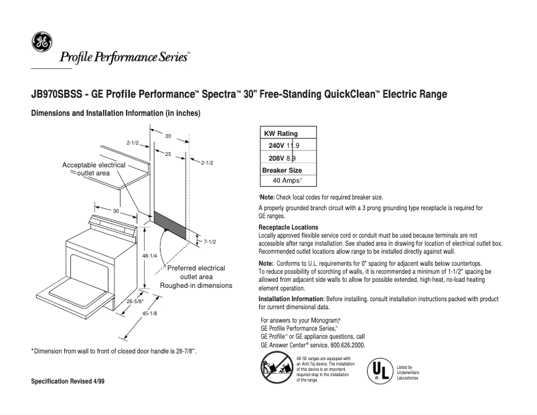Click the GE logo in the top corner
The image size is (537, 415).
(41, 42)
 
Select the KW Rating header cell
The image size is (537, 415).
(281, 134)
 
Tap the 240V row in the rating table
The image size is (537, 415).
(284, 146)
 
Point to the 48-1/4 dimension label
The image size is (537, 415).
(149, 256)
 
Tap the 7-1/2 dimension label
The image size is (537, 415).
(212, 241)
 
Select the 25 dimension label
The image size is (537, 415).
(168, 155)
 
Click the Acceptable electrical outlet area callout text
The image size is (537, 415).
(94, 169)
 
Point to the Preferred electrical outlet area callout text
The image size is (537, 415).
(196, 276)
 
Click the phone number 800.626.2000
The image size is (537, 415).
(345, 345)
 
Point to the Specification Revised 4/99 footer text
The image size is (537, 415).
(68, 381)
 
